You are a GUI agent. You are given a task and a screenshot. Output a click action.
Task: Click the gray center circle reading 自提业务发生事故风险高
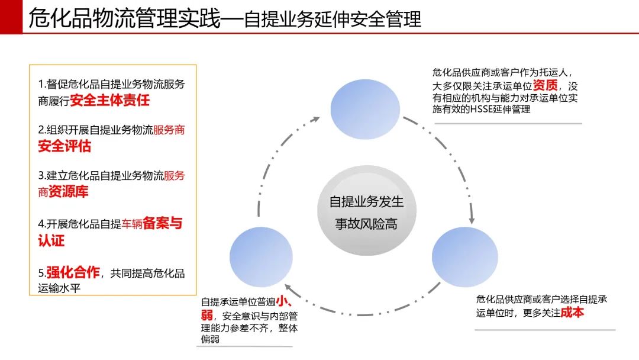(367, 210)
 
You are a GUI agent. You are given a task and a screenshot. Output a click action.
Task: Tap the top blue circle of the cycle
(365, 110)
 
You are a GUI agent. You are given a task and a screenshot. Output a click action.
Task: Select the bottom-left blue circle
(262, 257)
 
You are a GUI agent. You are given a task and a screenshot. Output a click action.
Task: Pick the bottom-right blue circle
(465, 257)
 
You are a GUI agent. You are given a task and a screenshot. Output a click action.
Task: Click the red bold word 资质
(545, 85)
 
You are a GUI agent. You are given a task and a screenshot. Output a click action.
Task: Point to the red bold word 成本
(572, 312)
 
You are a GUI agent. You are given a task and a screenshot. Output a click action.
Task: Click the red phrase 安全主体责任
(109, 100)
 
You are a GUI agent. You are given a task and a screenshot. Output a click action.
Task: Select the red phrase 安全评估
(64, 146)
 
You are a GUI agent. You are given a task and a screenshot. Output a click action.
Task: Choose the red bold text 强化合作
(73, 272)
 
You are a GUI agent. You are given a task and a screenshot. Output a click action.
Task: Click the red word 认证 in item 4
(51, 240)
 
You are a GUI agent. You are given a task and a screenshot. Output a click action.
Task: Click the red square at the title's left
(11, 17)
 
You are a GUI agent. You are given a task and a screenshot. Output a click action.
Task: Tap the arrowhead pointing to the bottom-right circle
(472, 221)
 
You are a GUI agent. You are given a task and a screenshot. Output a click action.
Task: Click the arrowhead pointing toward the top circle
(315, 120)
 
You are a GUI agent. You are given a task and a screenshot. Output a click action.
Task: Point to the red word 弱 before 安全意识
(206, 315)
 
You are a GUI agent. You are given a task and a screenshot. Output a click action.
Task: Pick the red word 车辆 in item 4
(131, 224)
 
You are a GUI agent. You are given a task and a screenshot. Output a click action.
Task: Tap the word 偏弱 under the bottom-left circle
(210, 339)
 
